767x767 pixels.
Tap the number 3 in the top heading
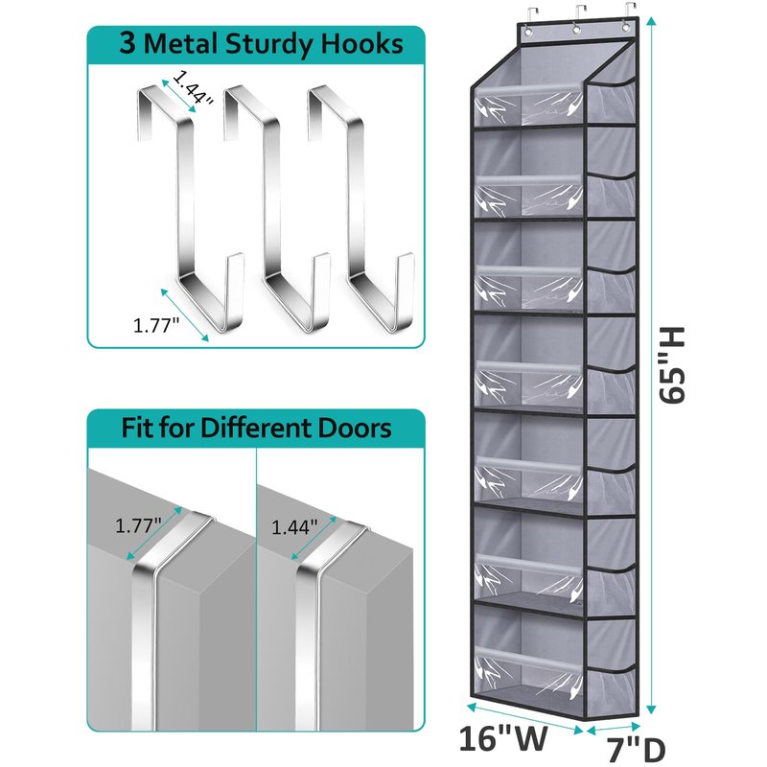point(128,44)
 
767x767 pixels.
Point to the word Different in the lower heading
point(257,427)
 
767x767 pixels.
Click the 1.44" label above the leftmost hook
point(193,88)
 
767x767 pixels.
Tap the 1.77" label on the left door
point(138,525)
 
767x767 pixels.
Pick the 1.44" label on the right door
point(294,527)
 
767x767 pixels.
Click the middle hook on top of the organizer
point(578,14)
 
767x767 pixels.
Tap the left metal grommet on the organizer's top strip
point(528,32)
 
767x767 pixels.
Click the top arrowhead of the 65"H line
point(651,21)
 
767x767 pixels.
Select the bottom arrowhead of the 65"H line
point(651,709)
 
